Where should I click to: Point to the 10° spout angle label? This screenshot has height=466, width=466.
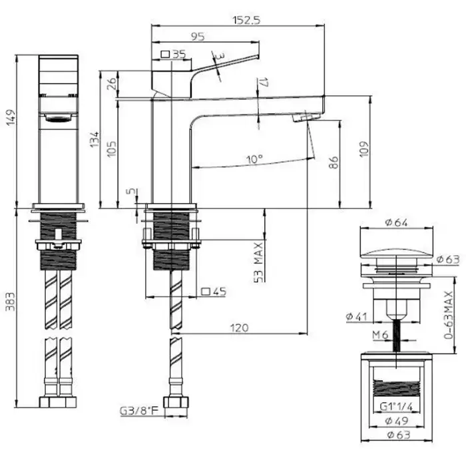point(254,160)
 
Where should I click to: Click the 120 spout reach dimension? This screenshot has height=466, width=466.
point(240,328)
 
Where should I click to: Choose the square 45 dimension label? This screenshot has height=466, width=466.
point(214,291)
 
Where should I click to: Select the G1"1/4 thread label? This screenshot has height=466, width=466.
point(397,405)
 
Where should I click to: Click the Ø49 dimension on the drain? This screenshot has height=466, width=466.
point(397,421)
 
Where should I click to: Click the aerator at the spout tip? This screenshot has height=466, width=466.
point(304,118)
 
